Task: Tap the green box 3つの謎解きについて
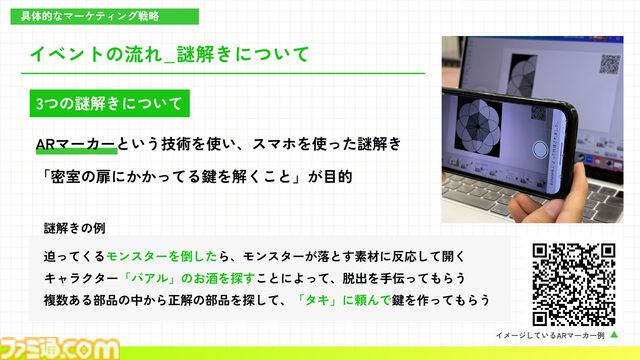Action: [108, 104]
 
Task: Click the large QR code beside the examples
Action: [574, 281]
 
